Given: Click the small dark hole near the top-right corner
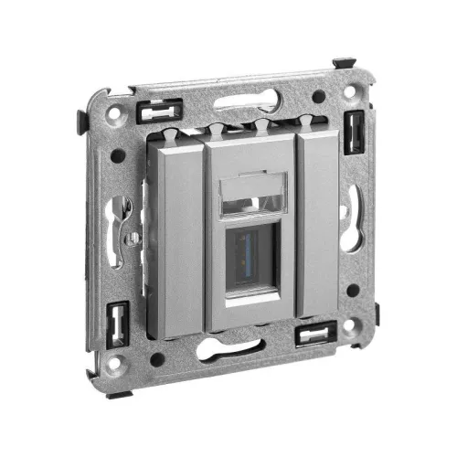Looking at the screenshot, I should click(x=317, y=96).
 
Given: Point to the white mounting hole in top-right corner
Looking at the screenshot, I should click(x=355, y=91).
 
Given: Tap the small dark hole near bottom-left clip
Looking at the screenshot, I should click(x=157, y=359).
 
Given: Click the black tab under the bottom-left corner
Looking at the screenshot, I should click(x=122, y=393).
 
